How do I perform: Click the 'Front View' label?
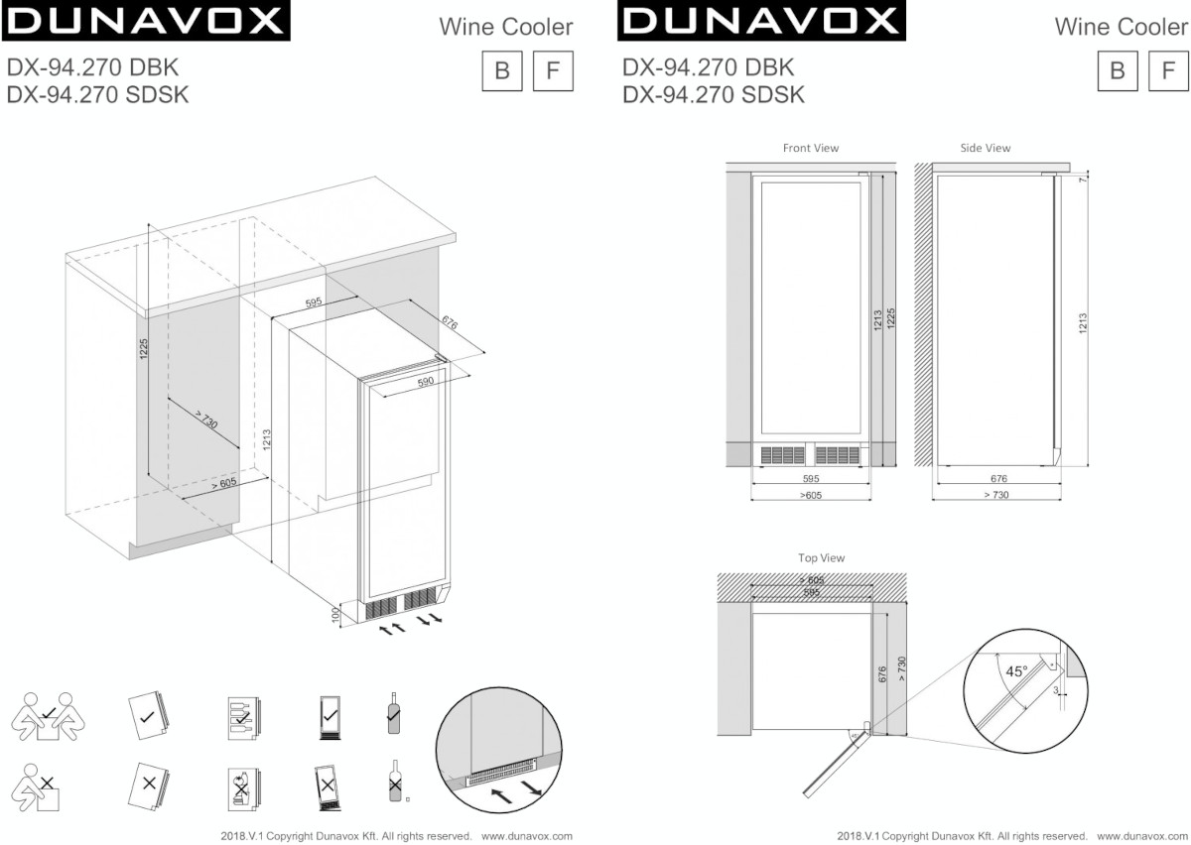click(x=810, y=148)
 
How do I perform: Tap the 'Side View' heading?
click(x=985, y=148)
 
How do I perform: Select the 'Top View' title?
click(x=821, y=558)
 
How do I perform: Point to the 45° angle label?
click(x=1016, y=671)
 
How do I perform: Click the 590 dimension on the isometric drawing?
click(x=424, y=381)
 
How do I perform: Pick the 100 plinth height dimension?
click(x=336, y=615)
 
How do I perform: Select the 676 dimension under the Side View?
click(x=998, y=479)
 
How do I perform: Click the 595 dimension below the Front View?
click(x=810, y=479)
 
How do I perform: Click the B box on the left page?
click(x=502, y=70)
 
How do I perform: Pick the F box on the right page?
click(x=1168, y=70)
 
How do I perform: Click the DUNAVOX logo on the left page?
click(x=146, y=22)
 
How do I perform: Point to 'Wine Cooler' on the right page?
click(x=1121, y=26)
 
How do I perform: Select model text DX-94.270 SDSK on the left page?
click(x=97, y=94)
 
